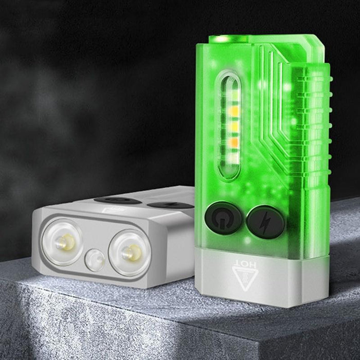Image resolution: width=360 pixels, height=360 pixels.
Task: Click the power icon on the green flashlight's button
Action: coord(223,218)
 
